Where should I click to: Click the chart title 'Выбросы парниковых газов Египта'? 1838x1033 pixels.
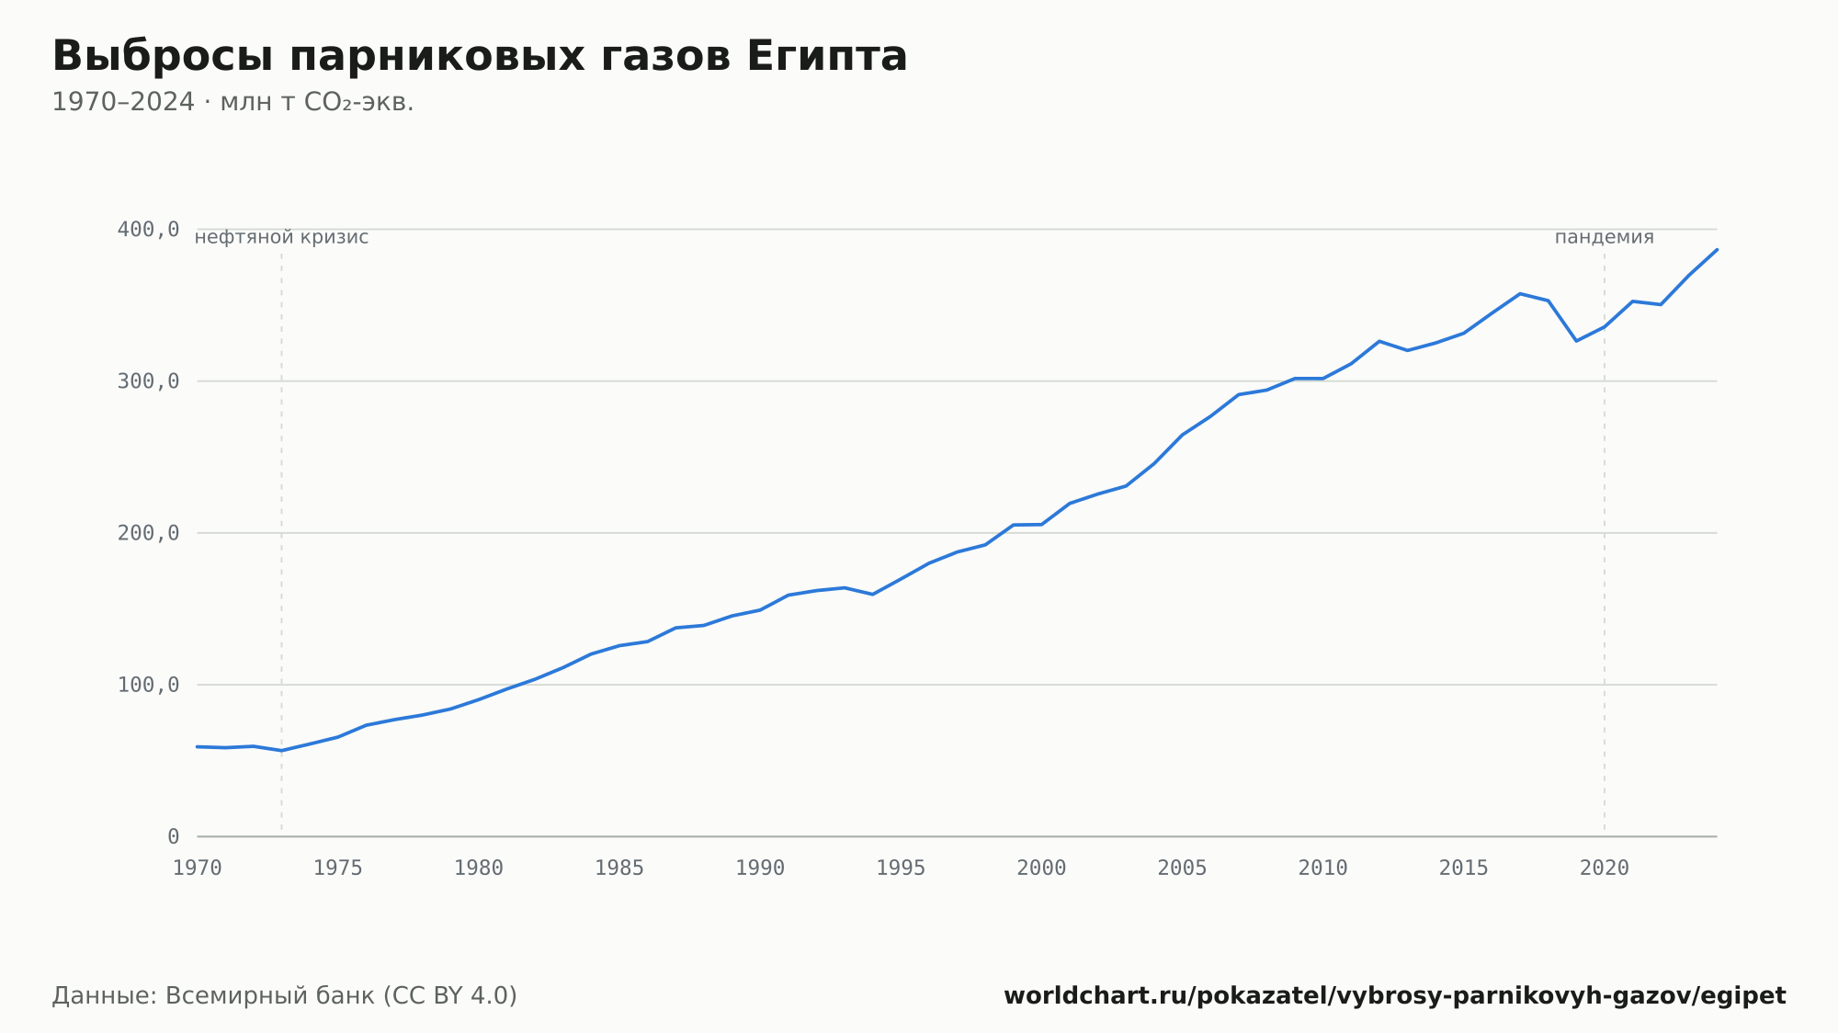[x=480, y=56]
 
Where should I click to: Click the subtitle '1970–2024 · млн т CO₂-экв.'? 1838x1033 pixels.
[x=233, y=102]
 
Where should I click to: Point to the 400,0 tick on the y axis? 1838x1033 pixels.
[x=148, y=229]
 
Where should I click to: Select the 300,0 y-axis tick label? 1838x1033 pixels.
[x=148, y=381]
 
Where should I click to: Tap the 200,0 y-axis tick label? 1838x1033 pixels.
[x=148, y=533]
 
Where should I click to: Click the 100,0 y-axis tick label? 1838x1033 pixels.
[x=148, y=685]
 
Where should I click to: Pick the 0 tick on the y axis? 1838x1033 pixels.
[x=174, y=837]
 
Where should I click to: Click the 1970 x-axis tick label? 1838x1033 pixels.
[x=198, y=868]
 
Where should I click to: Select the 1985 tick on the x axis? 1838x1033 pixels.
[x=619, y=868]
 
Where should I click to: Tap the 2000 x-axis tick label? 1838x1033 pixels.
[x=1041, y=868]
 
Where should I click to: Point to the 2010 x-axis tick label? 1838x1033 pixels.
[x=1322, y=868]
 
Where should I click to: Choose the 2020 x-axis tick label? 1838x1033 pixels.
[x=1605, y=868]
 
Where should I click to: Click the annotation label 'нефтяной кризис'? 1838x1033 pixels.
[x=281, y=237]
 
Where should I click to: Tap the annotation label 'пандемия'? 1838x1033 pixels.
[x=1605, y=237]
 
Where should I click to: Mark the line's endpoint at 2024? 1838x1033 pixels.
[x=1717, y=249]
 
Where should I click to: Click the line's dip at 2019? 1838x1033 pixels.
[x=1576, y=341]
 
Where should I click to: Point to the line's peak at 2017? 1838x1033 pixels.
[x=1520, y=293]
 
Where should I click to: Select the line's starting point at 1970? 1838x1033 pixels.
[x=198, y=746]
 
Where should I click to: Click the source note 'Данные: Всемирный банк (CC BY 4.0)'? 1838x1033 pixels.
[x=285, y=996]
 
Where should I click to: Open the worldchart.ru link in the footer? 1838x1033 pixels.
[x=1395, y=996]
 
